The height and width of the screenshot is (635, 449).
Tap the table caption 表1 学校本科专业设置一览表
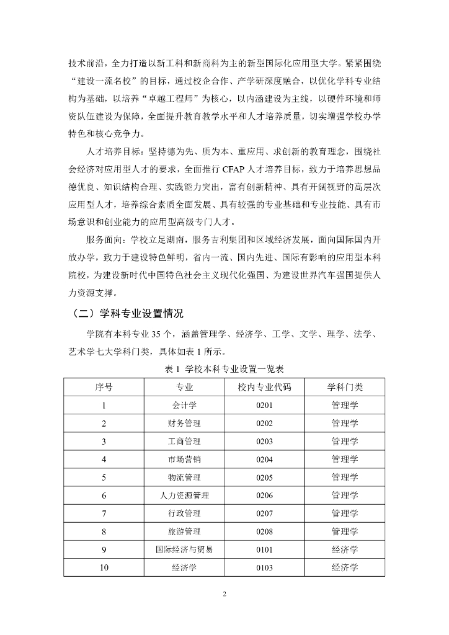(x=225, y=368)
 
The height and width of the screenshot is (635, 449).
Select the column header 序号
(x=104, y=387)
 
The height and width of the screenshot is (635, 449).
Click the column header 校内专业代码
(x=264, y=387)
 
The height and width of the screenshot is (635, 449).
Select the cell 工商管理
(x=184, y=442)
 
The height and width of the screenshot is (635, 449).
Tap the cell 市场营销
(x=184, y=460)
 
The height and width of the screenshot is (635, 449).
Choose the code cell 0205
(x=264, y=477)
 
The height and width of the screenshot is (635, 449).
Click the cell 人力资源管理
(x=184, y=495)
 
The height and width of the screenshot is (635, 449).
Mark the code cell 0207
(x=264, y=513)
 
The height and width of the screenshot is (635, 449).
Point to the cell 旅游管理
(x=184, y=531)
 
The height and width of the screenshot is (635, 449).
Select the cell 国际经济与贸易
(x=184, y=549)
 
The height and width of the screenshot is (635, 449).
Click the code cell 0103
(x=264, y=567)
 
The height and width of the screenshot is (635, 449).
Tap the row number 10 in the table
(x=104, y=567)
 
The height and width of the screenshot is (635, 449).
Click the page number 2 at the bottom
(x=225, y=594)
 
